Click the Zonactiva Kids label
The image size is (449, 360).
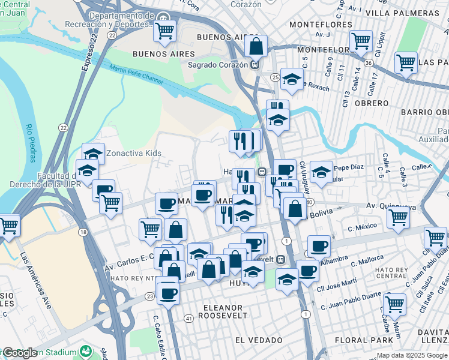pos(133,153)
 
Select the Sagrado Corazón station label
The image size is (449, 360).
pos(218,65)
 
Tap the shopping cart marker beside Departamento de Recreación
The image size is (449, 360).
pos(164,31)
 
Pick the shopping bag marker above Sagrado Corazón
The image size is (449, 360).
pos(256,46)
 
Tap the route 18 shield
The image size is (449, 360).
pos(82,232)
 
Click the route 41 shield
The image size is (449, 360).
pos(188,317)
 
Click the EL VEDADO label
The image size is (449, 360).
pos(259,340)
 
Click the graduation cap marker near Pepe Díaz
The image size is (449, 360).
pos(321,172)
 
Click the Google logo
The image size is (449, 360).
pos(20,353)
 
